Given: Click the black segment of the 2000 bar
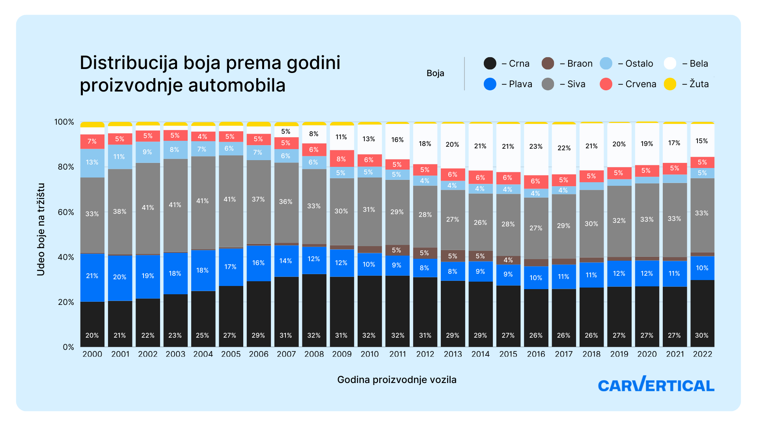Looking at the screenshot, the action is click(x=92, y=324).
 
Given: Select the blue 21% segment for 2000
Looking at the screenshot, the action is click(x=92, y=278).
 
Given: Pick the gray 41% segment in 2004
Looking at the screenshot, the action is click(x=203, y=203).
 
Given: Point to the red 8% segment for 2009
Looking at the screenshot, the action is click(x=342, y=159).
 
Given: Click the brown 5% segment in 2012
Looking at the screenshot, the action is click(x=425, y=253).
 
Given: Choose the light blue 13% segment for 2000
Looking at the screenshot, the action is click(x=92, y=163).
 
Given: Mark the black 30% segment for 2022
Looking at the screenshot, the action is click(x=702, y=314).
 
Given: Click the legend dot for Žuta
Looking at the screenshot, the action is click(x=670, y=84).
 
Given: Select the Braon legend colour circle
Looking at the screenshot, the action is click(x=548, y=64).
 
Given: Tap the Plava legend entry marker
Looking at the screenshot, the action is click(x=490, y=84).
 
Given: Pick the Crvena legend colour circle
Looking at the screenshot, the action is click(x=606, y=84).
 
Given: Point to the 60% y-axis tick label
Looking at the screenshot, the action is click(x=66, y=212).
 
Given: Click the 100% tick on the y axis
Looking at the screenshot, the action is click(x=64, y=122).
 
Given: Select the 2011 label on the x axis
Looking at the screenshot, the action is click(x=397, y=354).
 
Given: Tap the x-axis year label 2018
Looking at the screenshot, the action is click(x=591, y=354).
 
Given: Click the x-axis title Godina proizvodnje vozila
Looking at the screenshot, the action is click(x=397, y=380).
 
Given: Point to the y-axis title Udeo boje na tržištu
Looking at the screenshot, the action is click(x=41, y=229).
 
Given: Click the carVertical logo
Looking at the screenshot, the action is click(x=656, y=384).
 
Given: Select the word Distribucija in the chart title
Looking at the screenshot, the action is click(x=129, y=63).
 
